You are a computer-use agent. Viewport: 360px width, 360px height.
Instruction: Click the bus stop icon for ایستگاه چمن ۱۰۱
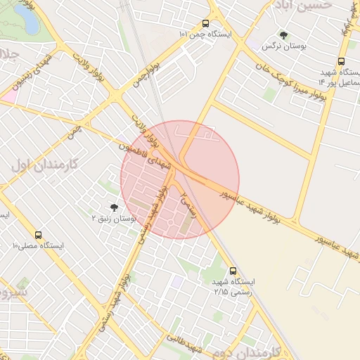205,23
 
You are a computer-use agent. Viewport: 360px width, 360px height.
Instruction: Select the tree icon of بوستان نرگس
283,34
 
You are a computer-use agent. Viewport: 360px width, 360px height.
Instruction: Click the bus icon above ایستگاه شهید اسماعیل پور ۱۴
341,61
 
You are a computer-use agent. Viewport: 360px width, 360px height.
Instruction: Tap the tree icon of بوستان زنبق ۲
114,207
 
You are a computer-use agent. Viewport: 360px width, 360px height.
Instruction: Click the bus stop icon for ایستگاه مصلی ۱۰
38,235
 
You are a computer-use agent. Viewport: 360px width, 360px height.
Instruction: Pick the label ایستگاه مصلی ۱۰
38,246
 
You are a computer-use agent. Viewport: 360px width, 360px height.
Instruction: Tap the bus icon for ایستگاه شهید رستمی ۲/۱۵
233,271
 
